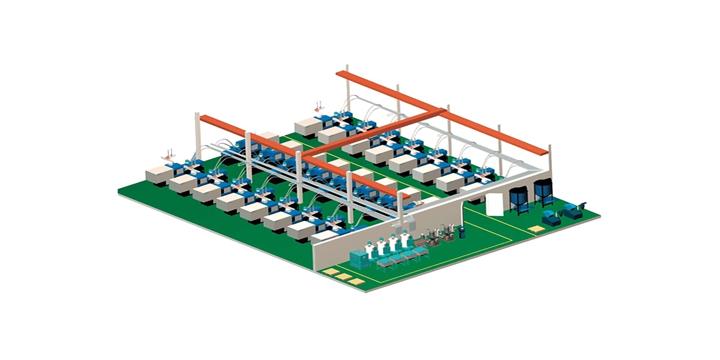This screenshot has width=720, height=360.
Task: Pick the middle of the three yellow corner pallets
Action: (x=344, y=277)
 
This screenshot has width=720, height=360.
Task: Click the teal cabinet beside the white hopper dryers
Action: (x=359, y=259)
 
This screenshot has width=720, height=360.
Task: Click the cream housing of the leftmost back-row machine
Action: (x=309, y=127)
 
